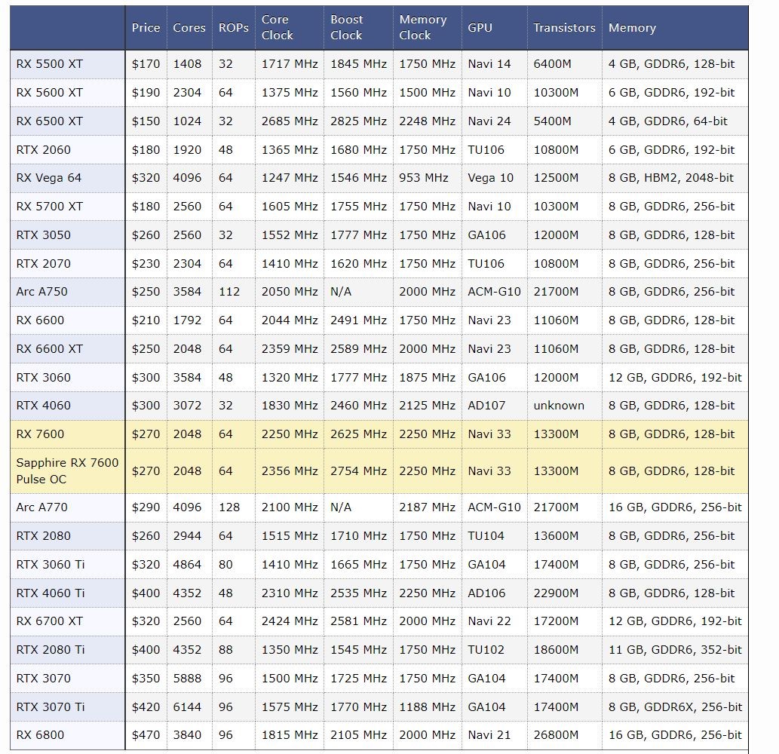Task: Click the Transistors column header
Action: [x=564, y=28]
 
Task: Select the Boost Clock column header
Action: [x=347, y=27]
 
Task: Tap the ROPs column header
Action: [x=234, y=28]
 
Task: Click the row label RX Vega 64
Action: [x=49, y=178]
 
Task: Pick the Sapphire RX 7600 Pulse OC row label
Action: [x=67, y=471]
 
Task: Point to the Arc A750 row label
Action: [x=41, y=292]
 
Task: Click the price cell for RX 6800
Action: [x=146, y=734]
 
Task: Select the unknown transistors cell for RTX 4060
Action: [x=558, y=406]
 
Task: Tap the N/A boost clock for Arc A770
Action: [x=341, y=507]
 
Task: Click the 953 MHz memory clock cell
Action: [x=423, y=178]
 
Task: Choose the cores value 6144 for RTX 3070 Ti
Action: [x=187, y=706]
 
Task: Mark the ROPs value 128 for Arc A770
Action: [x=229, y=507]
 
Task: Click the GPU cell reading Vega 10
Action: [x=490, y=178]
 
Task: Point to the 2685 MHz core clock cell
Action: [x=290, y=121]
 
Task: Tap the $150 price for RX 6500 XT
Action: [x=146, y=121]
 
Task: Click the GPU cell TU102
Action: [x=486, y=650]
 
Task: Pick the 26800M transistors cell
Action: [x=556, y=734]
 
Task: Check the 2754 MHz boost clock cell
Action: [x=358, y=471]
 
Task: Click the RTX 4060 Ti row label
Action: [x=51, y=593]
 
